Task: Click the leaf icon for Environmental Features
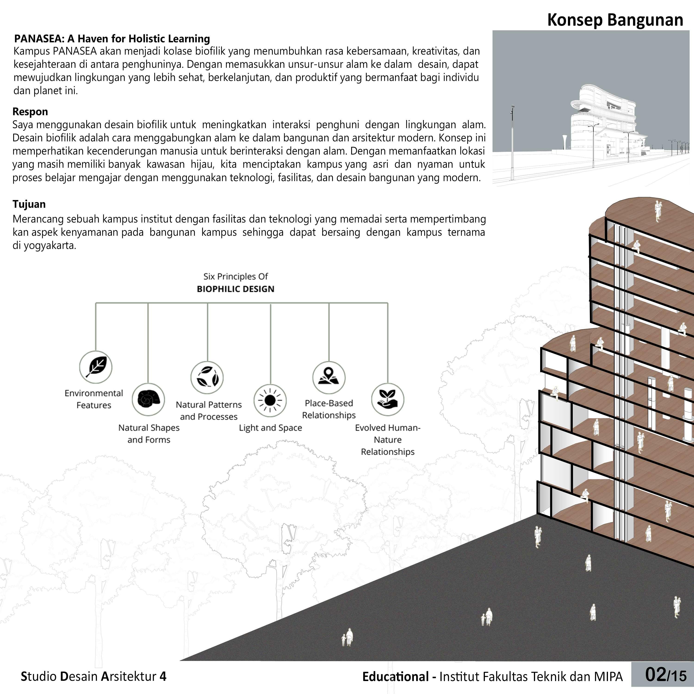(96, 367)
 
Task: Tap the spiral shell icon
(148, 400)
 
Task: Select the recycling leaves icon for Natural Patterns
(207, 378)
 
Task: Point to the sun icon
(270, 400)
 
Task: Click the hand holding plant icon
(387, 400)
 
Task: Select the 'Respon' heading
(30, 112)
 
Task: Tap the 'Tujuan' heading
(29, 204)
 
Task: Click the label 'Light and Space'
(270, 428)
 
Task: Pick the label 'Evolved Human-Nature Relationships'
(387, 440)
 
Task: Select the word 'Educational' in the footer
(395, 677)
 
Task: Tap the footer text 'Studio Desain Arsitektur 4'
(93, 676)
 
